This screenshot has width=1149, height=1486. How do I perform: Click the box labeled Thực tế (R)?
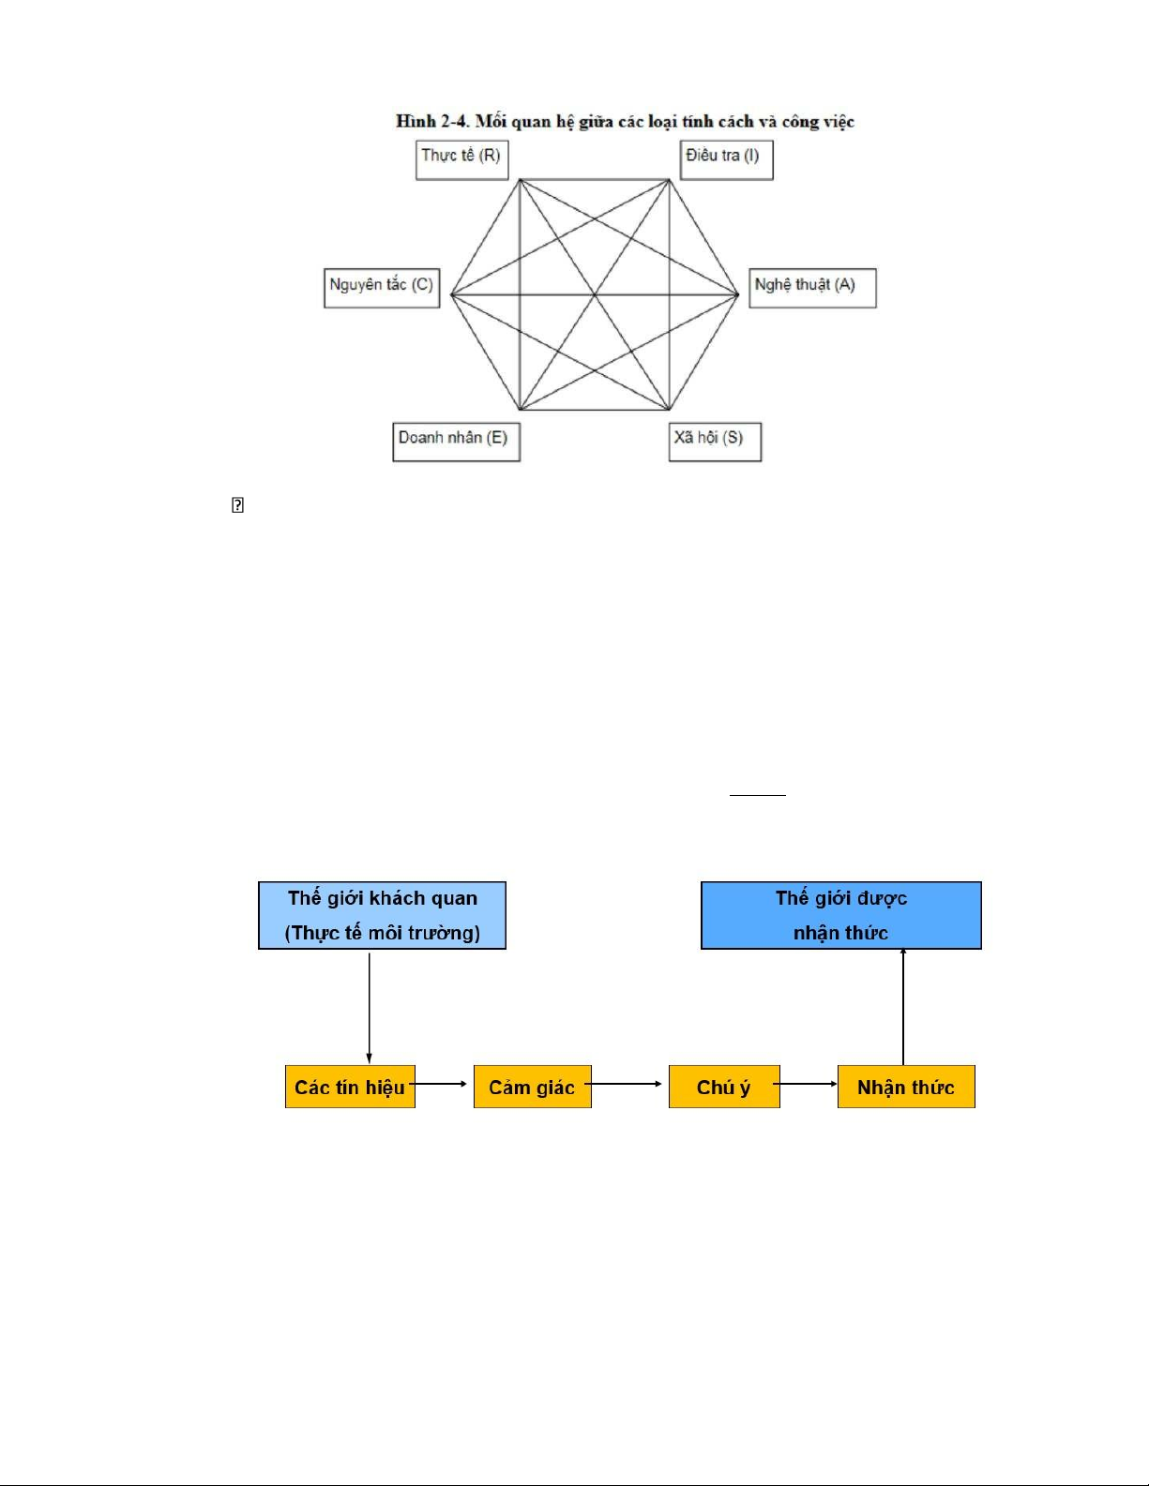pyautogui.click(x=461, y=159)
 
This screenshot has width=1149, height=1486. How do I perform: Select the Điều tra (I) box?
pyautogui.click(x=726, y=159)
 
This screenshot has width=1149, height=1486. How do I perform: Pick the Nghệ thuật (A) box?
pyautogui.click(x=812, y=288)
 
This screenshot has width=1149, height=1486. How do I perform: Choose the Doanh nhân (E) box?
pyautogui.click(x=456, y=442)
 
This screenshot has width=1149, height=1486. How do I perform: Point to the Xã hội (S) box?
pyautogui.click(x=715, y=442)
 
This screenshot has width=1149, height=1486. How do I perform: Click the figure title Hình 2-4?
pyautogui.click(x=625, y=122)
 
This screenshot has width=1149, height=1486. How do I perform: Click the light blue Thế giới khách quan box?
pyautogui.click(x=382, y=915)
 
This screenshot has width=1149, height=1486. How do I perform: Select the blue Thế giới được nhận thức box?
pyautogui.click(x=840, y=915)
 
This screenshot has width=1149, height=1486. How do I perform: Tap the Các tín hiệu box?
pyautogui.click(x=350, y=1087)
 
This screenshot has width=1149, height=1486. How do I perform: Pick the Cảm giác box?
pyautogui.click(x=532, y=1087)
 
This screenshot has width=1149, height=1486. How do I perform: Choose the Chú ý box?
pyautogui.click(x=723, y=1087)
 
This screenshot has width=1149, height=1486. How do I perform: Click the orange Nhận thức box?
pyautogui.click(x=905, y=1087)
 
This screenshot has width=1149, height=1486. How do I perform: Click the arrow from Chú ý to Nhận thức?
pyautogui.click(x=808, y=1084)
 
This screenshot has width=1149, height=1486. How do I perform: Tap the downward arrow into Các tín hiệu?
pyautogui.click(x=370, y=1007)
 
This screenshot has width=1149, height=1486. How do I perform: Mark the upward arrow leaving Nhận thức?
pyautogui.click(x=903, y=1007)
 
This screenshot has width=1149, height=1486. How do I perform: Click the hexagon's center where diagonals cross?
pyautogui.click(x=595, y=295)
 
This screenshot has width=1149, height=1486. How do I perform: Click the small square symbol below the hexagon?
pyautogui.click(x=237, y=505)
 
